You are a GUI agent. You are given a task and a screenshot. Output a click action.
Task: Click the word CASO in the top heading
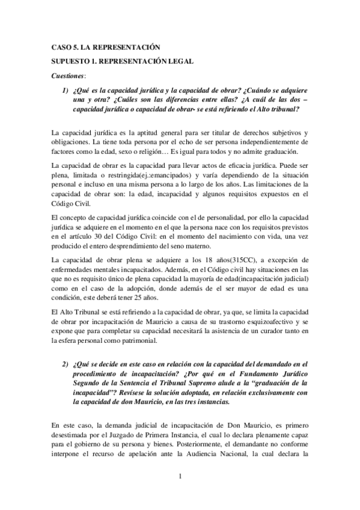[61, 47]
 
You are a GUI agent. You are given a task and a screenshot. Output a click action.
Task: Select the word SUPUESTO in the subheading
[70, 62]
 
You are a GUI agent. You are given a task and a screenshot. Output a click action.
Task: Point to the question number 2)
[66, 364]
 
